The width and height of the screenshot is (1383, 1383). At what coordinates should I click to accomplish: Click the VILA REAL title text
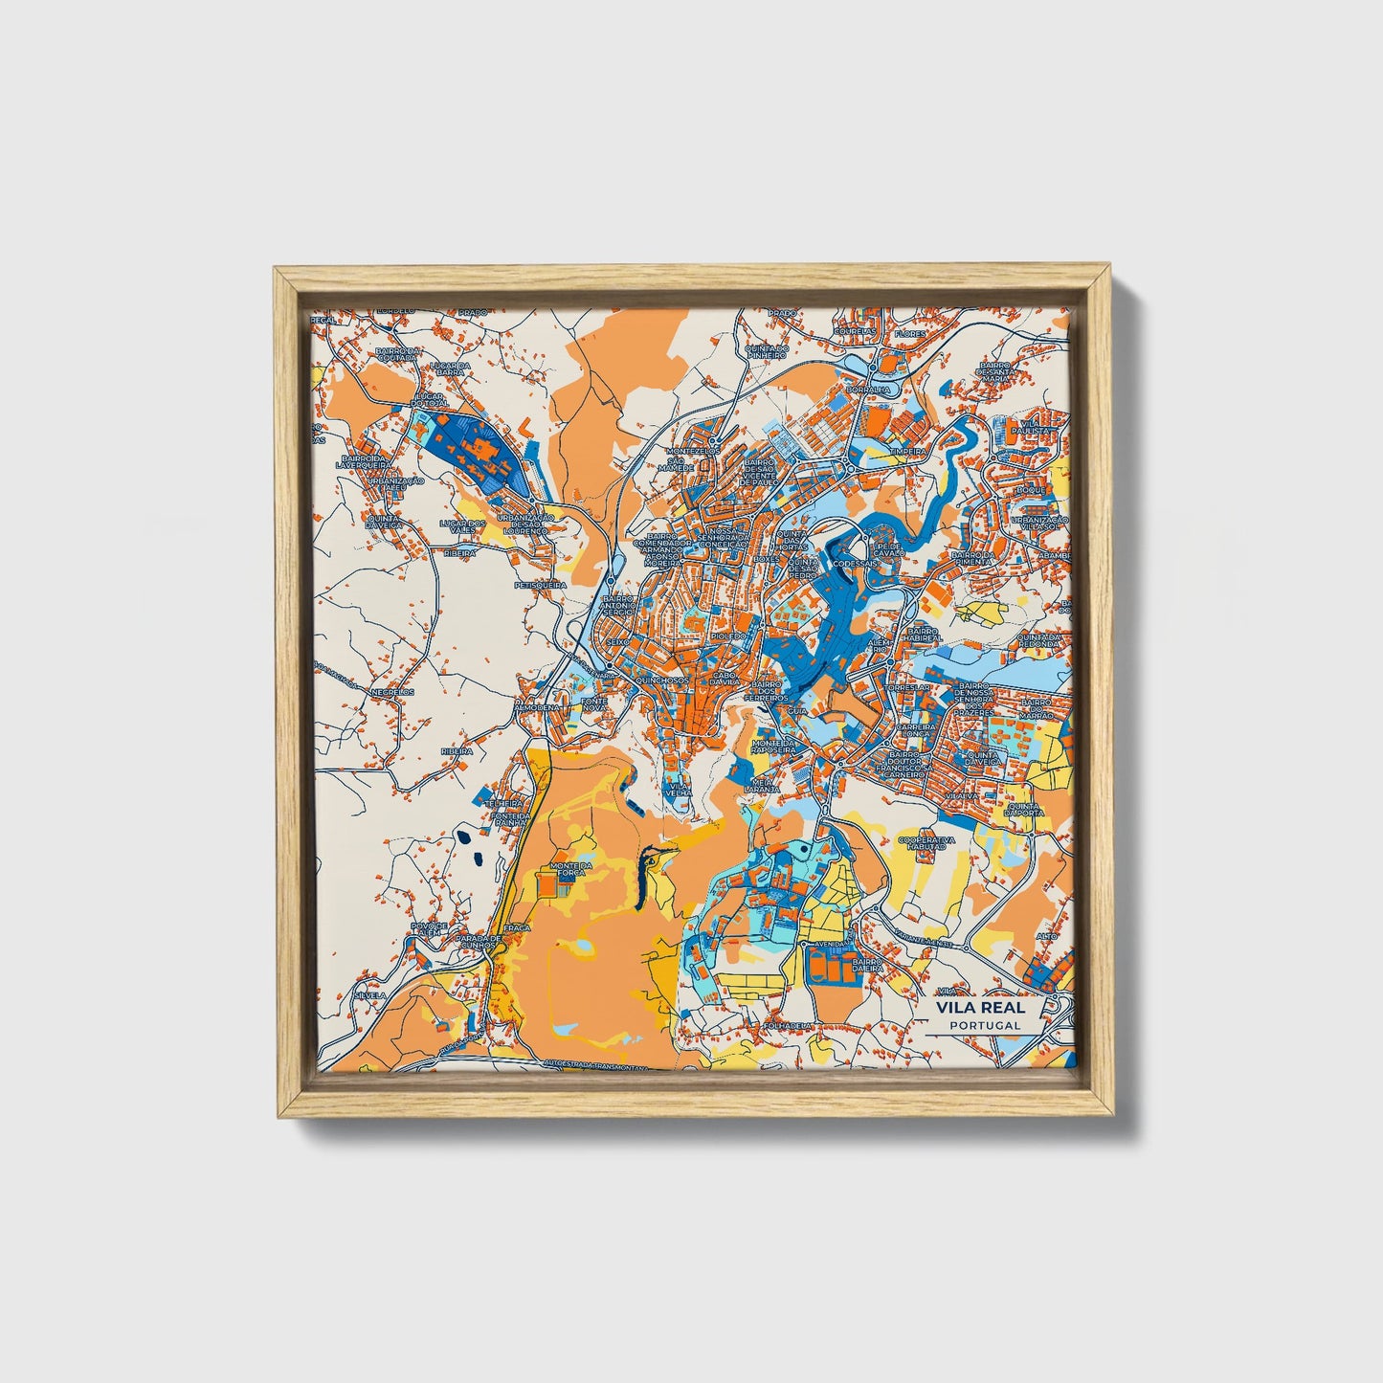[x=980, y=1007]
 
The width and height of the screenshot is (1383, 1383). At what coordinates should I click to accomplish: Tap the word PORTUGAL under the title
[x=985, y=1025]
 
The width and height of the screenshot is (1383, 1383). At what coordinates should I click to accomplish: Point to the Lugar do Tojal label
[x=431, y=399]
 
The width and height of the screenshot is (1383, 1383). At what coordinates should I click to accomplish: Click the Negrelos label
[x=392, y=690]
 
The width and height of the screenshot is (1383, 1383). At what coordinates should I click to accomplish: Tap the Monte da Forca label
[x=572, y=870]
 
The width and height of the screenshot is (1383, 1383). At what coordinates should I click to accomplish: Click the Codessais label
[x=855, y=564]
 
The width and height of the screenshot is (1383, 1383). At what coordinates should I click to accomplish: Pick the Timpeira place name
[x=907, y=450]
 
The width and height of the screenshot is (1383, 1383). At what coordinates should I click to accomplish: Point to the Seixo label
[x=619, y=642]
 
